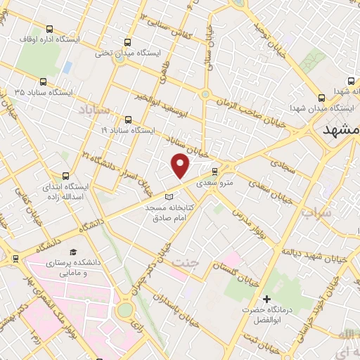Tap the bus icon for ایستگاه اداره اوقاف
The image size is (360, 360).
click(x=49, y=30)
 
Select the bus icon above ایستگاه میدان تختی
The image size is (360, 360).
click(x=127, y=42)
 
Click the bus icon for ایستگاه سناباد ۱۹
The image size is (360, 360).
click(x=128, y=120)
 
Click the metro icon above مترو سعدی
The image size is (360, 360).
click(x=215, y=171)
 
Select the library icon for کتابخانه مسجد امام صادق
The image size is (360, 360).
click(x=167, y=196)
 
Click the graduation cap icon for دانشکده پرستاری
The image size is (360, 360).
click(x=73, y=252)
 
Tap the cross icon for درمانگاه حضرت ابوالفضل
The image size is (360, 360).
click(x=266, y=299)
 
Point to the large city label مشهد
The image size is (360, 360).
click(x=340, y=131)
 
